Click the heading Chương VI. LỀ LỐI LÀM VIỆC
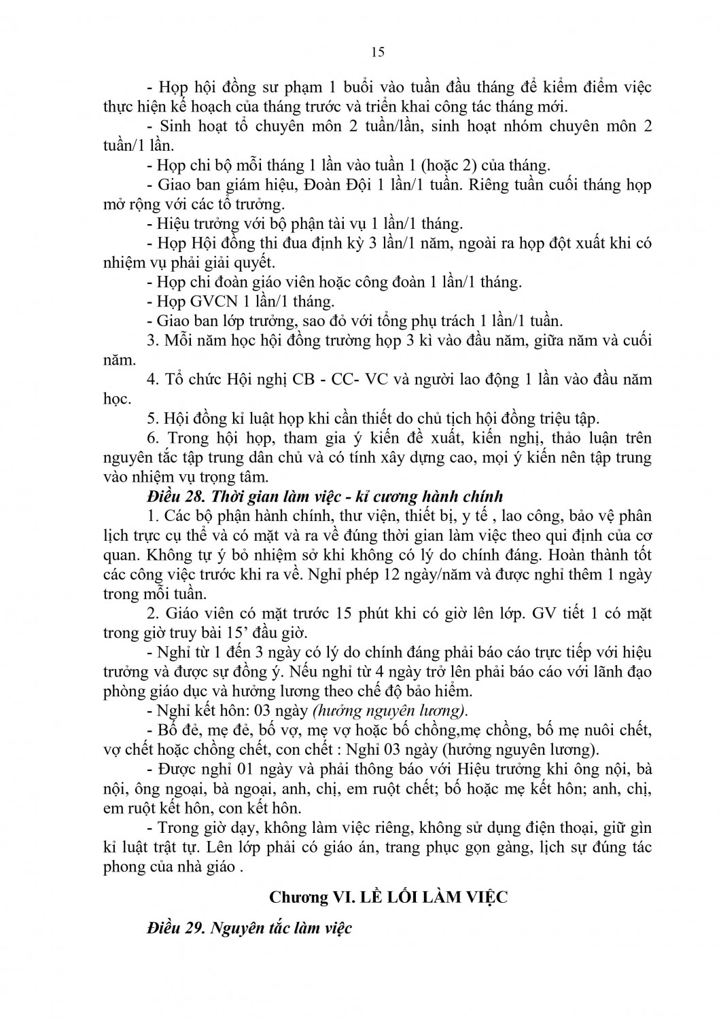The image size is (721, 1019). pyautogui.click(x=389, y=897)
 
